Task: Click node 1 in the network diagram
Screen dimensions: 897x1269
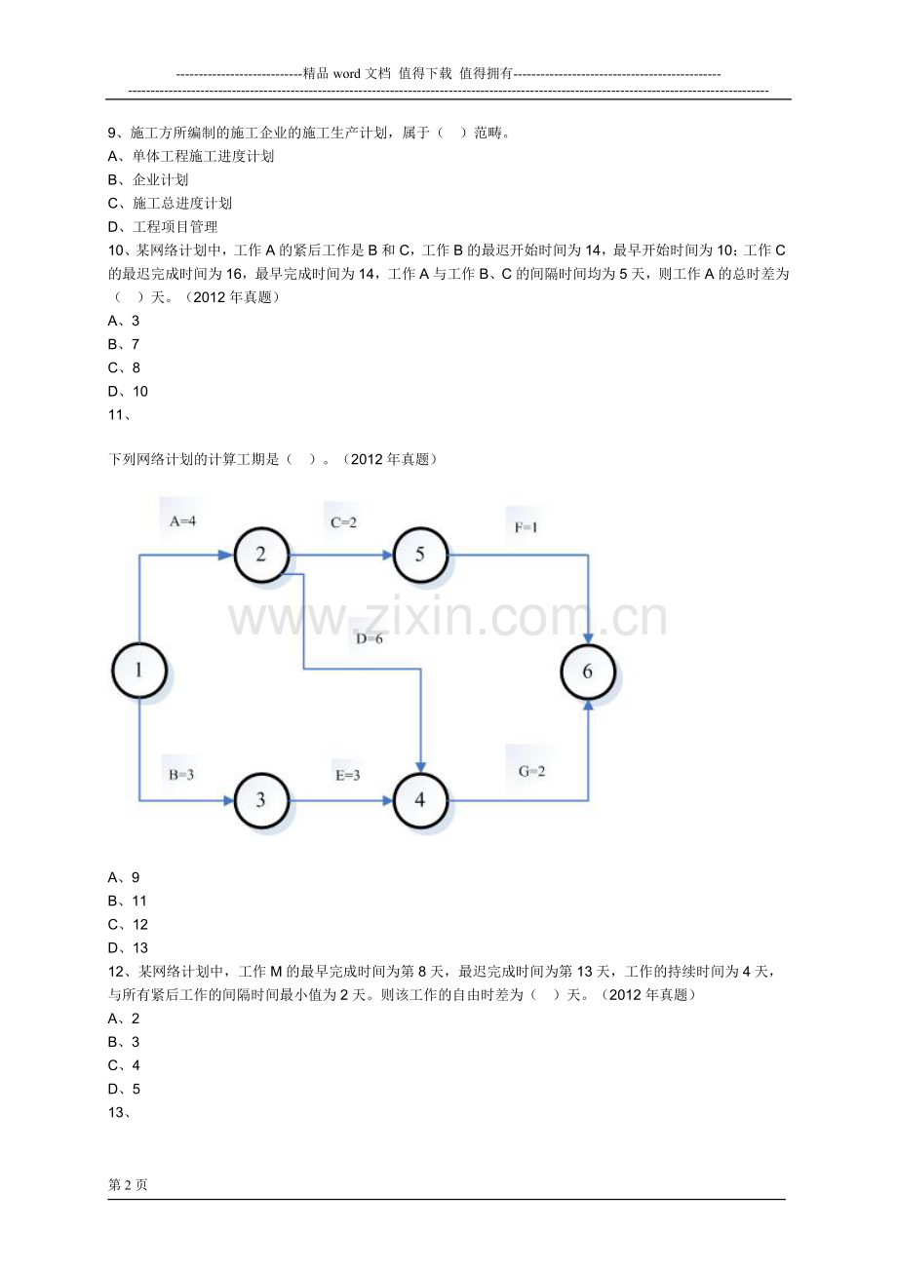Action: (x=138, y=671)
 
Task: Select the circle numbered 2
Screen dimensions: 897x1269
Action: (x=261, y=554)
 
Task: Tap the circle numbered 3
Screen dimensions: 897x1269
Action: (x=261, y=799)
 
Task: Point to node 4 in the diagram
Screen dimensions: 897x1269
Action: (x=420, y=799)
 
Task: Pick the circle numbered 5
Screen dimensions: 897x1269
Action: (x=420, y=554)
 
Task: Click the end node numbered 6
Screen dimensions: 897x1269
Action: (x=588, y=672)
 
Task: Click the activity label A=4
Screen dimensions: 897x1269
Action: (x=182, y=521)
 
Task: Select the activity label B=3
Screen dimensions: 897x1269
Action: (x=181, y=775)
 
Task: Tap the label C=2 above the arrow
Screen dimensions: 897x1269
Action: (x=343, y=522)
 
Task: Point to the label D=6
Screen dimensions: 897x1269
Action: (x=369, y=638)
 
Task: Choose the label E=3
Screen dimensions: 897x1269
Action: (x=347, y=775)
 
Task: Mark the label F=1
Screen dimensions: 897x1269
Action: (x=526, y=527)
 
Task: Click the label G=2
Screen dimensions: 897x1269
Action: (x=531, y=771)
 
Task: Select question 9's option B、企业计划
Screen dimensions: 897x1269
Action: (x=148, y=180)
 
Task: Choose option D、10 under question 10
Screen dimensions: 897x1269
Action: (x=128, y=392)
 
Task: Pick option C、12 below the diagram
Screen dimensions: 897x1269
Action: (x=128, y=925)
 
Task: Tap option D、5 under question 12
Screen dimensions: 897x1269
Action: (x=124, y=1089)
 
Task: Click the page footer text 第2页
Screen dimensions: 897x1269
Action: (x=128, y=1184)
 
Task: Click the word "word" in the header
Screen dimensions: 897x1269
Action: (x=347, y=74)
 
